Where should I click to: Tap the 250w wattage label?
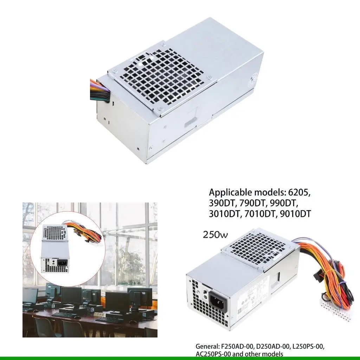(x=216, y=235)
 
